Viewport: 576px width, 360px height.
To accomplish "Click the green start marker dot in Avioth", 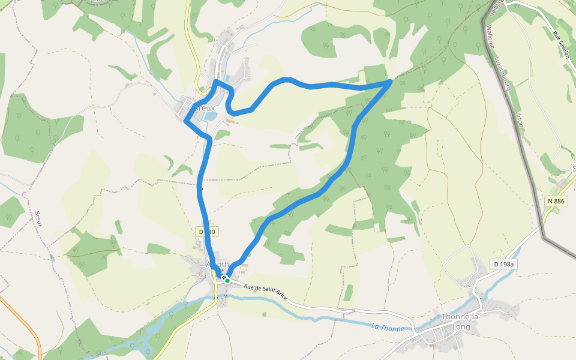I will tap(227, 280).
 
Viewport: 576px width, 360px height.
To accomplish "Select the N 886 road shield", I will tap(556, 201).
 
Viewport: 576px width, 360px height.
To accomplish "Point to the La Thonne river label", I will tap(387, 327).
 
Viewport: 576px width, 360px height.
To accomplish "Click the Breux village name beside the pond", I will tap(205, 108).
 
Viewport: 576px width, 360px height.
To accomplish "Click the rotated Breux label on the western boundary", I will tap(39, 219).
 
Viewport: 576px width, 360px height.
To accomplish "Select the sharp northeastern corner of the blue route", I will tap(391, 80).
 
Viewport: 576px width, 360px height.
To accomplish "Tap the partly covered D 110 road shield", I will tap(206, 232).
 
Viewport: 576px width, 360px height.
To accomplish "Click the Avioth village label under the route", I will tap(217, 264).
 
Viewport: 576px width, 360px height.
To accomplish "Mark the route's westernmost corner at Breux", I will tap(185, 121).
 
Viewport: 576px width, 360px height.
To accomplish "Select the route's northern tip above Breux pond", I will tap(216, 81).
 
